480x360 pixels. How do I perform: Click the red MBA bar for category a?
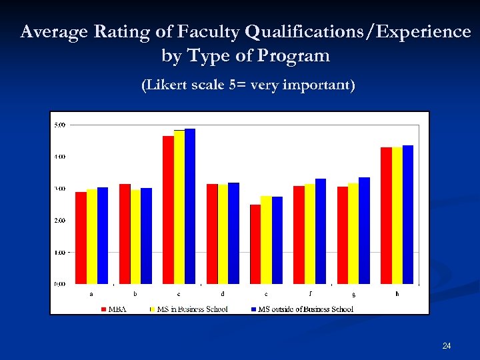(81, 238)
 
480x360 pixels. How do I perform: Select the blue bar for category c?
(190, 206)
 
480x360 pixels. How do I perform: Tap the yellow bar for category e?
(266, 240)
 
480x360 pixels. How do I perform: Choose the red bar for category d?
(212, 234)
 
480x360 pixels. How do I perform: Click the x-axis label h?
(397, 293)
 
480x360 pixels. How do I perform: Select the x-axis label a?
(91, 293)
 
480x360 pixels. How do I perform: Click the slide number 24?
(447, 345)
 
